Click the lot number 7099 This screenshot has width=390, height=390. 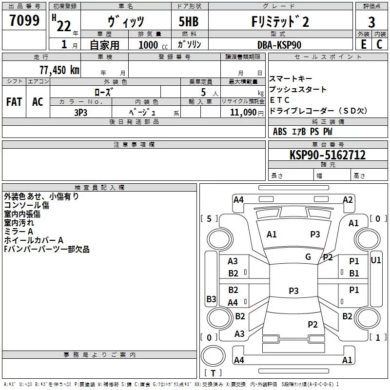(24, 20)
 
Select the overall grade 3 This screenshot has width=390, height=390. (371, 22)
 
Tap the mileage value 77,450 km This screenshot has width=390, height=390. (59, 70)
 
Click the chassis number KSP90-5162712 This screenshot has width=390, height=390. (328, 155)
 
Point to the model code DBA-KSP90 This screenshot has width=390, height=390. (279, 45)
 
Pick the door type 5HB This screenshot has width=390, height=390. (189, 21)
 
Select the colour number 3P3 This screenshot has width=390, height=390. (80, 113)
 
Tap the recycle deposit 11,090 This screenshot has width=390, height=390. (243, 112)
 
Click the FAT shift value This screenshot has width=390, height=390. (14, 102)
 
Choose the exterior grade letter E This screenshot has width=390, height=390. (363, 44)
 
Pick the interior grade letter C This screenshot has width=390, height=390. (379, 44)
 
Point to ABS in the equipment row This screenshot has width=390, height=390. (280, 131)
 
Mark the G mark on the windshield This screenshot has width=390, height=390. (308, 256)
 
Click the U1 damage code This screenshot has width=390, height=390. (375, 260)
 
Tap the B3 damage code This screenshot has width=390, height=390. (211, 299)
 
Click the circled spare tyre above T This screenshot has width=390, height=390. (213, 356)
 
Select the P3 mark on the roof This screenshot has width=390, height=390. (293, 291)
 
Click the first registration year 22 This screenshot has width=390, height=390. (64, 26)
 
